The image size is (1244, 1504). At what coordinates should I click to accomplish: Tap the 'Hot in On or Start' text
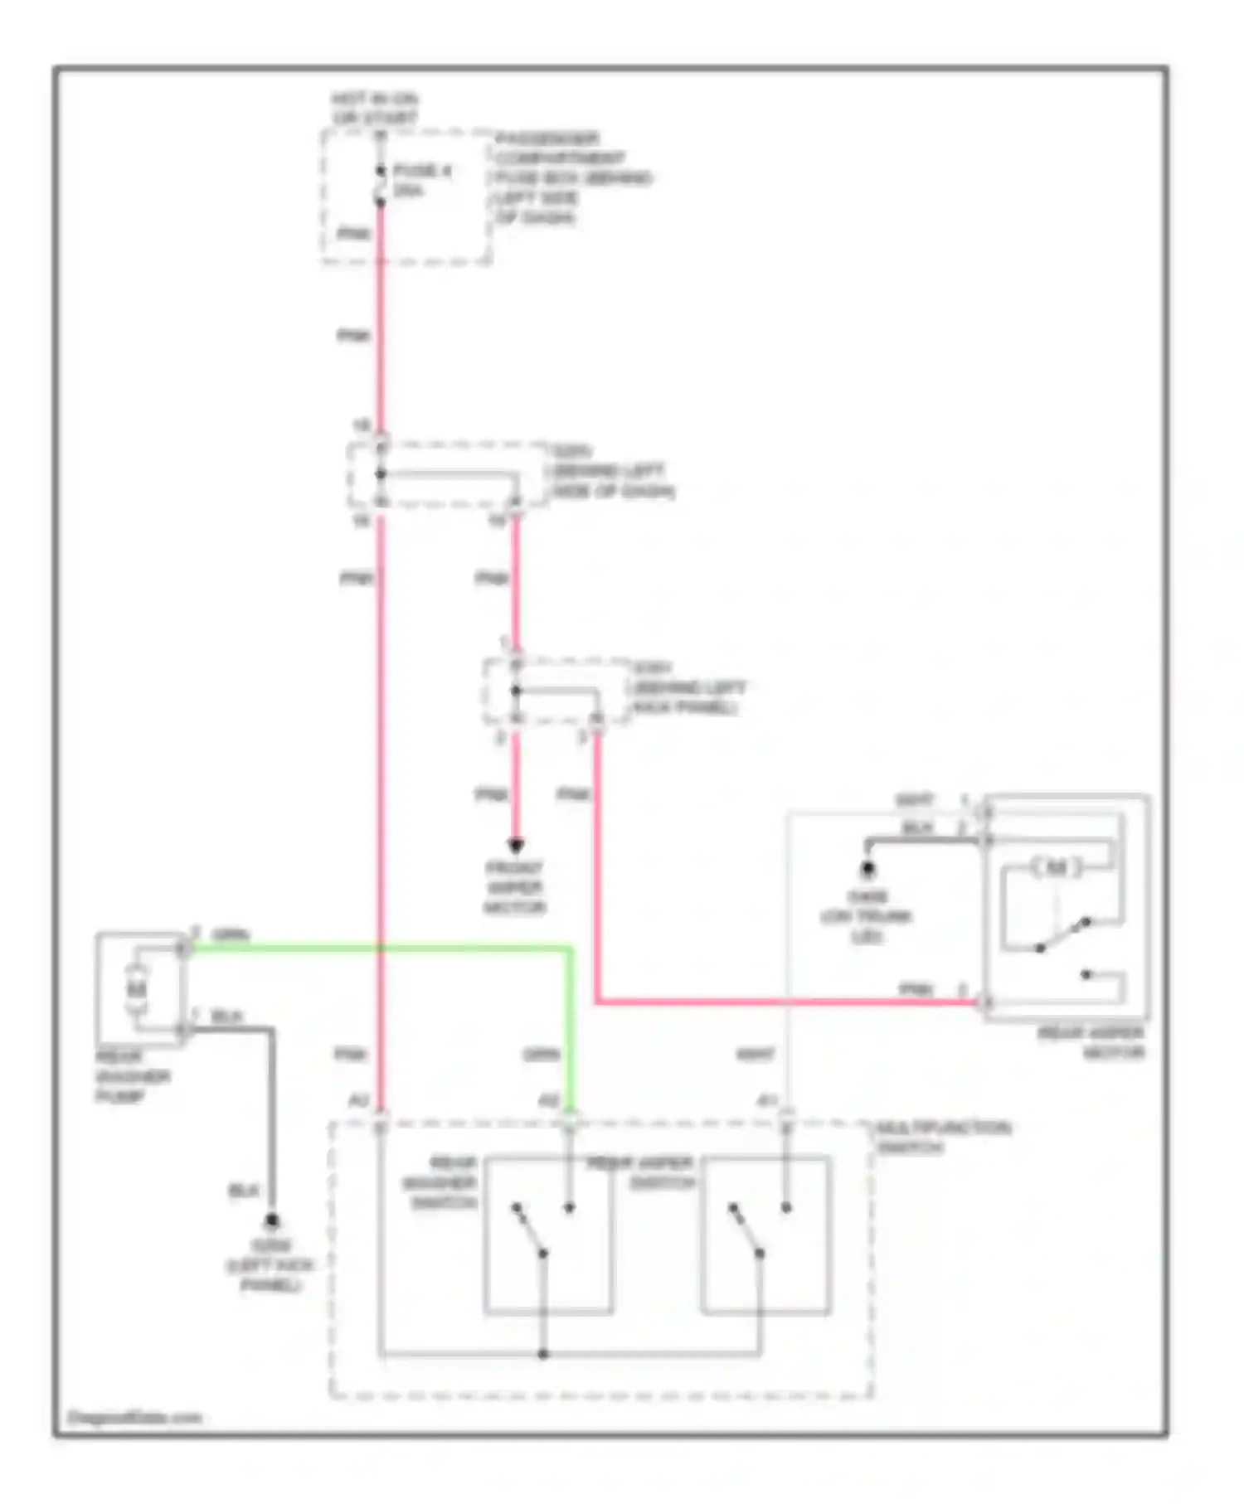(x=375, y=109)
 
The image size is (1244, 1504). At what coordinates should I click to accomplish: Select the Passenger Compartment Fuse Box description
(x=573, y=178)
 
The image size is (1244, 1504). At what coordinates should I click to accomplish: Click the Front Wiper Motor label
(x=514, y=888)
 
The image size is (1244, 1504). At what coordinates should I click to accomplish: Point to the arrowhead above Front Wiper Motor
(x=516, y=846)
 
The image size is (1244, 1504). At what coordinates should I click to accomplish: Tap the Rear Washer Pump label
(x=133, y=1077)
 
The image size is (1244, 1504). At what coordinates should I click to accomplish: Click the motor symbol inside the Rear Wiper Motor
(x=1056, y=868)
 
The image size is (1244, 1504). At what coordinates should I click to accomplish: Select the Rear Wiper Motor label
(x=1090, y=1043)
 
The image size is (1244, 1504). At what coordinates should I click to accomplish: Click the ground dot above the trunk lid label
(x=867, y=869)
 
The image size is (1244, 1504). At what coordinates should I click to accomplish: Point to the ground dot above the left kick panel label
(x=271, y=1221)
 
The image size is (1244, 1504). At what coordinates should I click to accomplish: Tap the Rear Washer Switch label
(x=440, y=1182)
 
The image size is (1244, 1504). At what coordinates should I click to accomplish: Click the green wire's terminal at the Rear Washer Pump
(x=184, y=948)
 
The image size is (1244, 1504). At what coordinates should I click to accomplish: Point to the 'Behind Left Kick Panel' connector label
(x=688, y=688)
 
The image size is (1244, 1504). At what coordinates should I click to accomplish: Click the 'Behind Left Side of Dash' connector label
(x=612, y=472)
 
